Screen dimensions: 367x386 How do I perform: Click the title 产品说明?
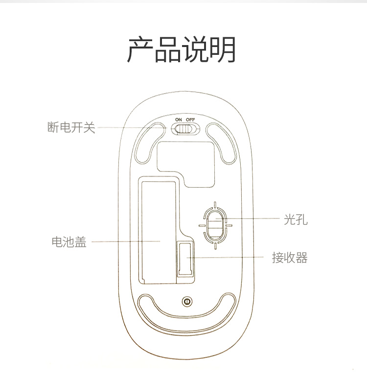click(182, 49)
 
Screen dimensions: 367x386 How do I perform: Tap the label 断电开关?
click(71, 127)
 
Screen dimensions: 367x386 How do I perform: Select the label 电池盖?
click(69, 242)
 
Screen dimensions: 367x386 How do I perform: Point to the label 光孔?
click(296, 219)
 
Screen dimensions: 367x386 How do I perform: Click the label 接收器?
click(290, 258)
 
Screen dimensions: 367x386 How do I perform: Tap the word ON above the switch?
click(179, 120)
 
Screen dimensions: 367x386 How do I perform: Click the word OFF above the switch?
click(190, 120)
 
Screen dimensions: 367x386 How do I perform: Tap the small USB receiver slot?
click(185, 259)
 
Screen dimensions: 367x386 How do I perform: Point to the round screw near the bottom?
click(187, 302)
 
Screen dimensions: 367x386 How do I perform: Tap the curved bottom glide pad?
click(187, 316)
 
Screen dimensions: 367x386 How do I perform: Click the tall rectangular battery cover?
click(159, 232)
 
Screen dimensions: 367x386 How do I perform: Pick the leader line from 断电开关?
click(132, 128)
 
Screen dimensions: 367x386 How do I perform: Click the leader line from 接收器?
click(225, 257)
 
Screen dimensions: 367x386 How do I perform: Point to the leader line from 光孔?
click(248, 218)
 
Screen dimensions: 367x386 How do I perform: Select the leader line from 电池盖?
click(126, 241)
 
